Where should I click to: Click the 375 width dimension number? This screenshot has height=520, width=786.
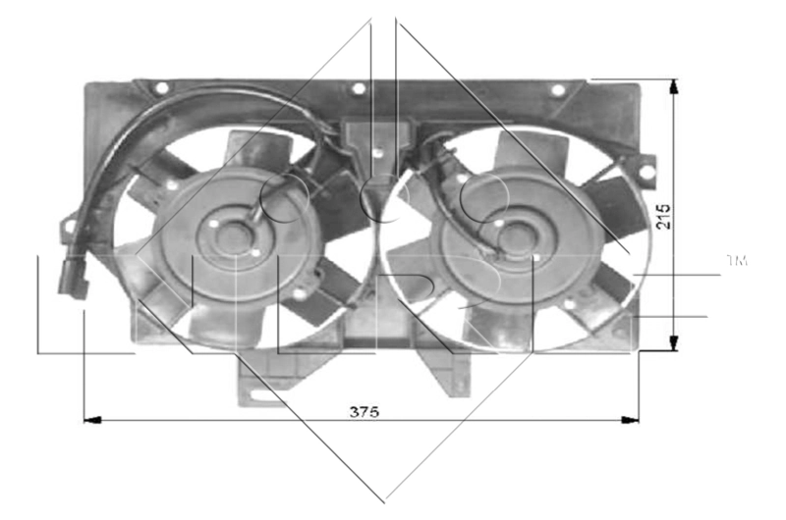point(364,411)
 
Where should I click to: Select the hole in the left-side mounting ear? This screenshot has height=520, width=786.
point(69,226)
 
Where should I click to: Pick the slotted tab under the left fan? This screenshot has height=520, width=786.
point(258,395)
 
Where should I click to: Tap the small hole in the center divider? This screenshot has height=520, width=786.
point(378,152)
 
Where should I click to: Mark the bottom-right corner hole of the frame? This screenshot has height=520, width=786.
point(618,332)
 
